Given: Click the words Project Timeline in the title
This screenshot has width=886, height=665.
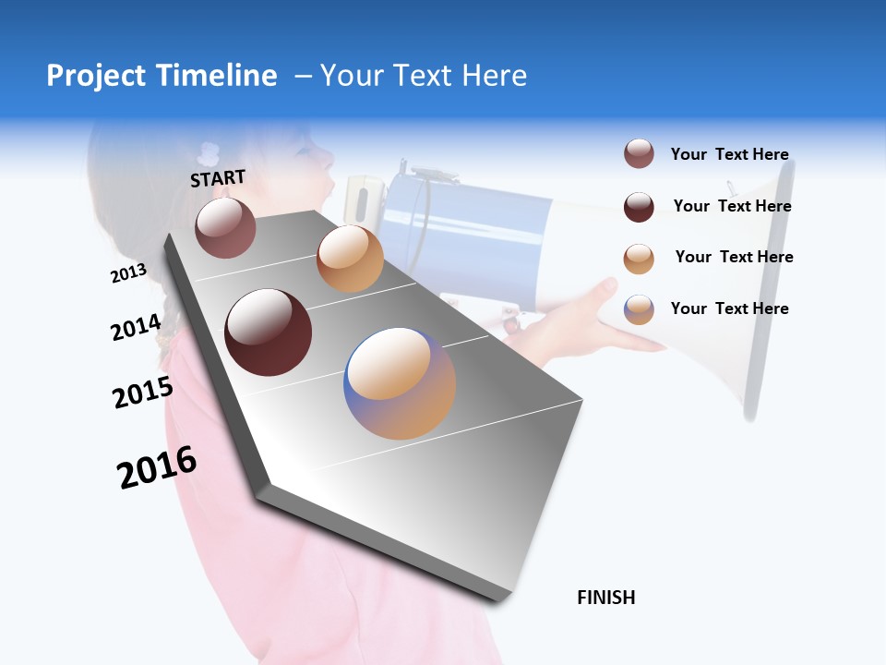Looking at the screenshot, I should [162, 76].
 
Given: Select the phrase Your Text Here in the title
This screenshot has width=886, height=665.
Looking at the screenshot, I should [423, 76].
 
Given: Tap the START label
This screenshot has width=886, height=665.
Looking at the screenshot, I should [218, 178].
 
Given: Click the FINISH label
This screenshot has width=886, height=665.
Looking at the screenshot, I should [605, 598].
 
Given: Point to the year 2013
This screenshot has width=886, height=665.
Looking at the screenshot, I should [128, 273].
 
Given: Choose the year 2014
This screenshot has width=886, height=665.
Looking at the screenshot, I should [136, 327].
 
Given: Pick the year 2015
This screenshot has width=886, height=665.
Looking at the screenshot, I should [143, 392].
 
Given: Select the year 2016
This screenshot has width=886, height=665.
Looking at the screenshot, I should [157, 467].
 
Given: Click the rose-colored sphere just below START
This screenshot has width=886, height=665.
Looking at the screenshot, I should [225, 227].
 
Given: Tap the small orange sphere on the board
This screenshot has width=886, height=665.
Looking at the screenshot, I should [350, 259].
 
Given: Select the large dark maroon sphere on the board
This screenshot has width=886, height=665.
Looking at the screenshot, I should [269, 332].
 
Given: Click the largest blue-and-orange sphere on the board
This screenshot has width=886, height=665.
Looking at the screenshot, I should [400, 383].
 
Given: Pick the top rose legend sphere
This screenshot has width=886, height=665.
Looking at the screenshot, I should [639, 154].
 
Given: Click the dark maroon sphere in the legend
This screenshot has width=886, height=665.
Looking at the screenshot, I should [639, 207].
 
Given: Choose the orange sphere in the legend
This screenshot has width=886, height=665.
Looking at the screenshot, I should [639, 259].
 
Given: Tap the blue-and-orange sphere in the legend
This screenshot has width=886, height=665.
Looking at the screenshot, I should [639, 309].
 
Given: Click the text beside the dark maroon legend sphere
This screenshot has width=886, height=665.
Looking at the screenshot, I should [732, 206].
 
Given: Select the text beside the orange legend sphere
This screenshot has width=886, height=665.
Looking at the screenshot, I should [734, 257].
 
